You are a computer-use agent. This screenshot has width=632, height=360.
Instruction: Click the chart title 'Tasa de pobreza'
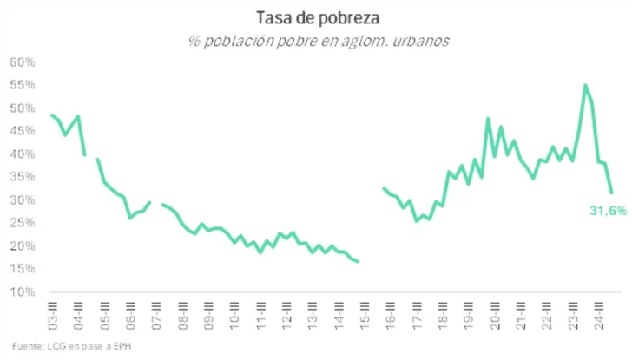315,18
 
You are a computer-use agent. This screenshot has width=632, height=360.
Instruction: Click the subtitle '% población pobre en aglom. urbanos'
315,41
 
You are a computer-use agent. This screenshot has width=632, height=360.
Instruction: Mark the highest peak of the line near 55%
585,85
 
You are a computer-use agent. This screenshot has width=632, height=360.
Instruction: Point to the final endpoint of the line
611,193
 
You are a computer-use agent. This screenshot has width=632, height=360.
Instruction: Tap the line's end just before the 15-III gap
359,261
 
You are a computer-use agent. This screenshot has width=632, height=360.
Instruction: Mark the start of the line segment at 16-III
384,188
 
